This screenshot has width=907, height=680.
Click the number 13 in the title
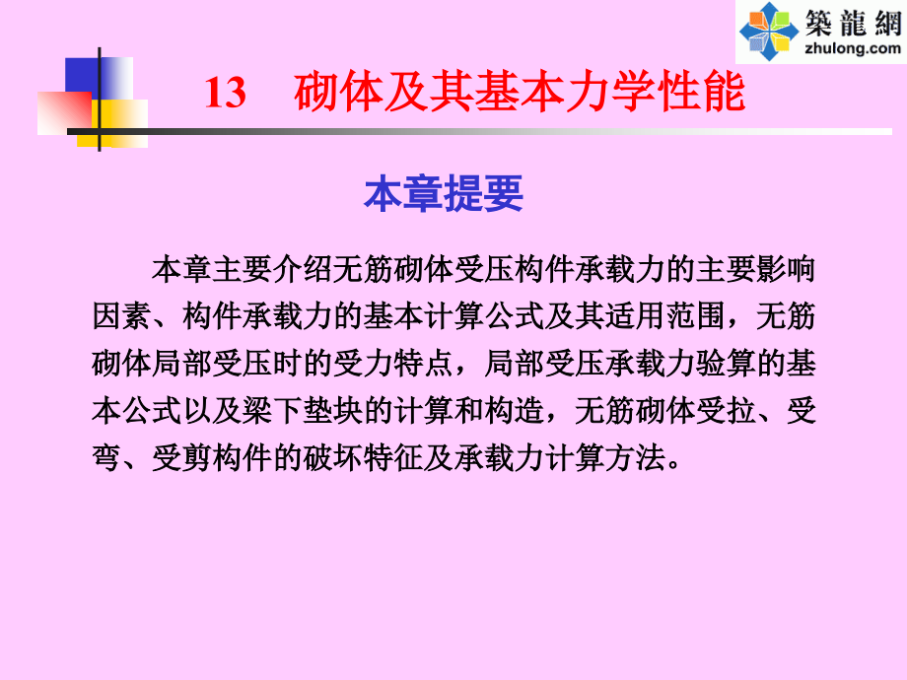click(225, 95)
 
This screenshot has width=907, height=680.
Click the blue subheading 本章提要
click(443, 194)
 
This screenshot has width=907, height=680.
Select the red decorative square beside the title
click(61, 110)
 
